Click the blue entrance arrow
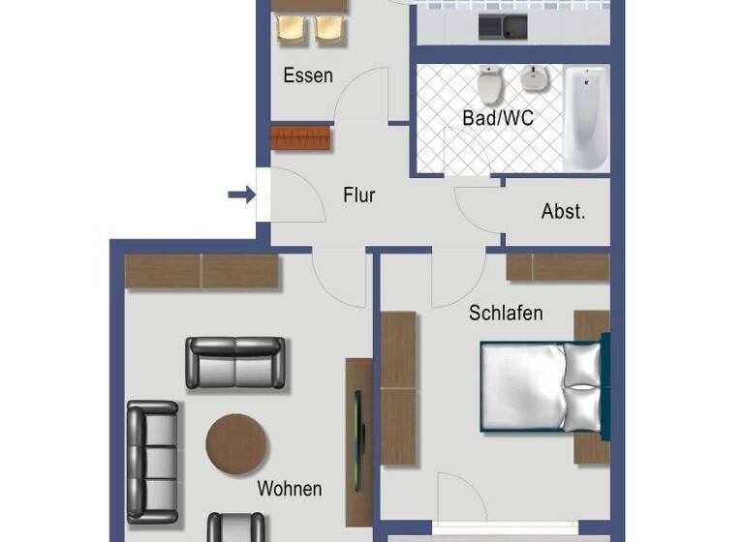pyautogui.click(x=240, y=196)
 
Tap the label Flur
pyautogui.click(x=358, y=196)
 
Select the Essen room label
pyautogui.click(x=308, y=75)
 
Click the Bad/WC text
pyautogui.click(x=498, y=118)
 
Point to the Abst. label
pyautogui.click(x=563, y=212)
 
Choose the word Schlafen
pyautogui.click(x=506, y=313)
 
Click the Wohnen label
pyautogui.click(x=289, y=489)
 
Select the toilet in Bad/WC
pyautogui.click(x=490, y=85)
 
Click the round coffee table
pyautogui.click(x=236, y=444)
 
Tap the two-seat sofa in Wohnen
pyautogui.click(x=235, y=363)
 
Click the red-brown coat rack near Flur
pyautogui.click(x=301, y=137)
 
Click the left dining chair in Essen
pyautogui.click(x=292, y=29)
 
